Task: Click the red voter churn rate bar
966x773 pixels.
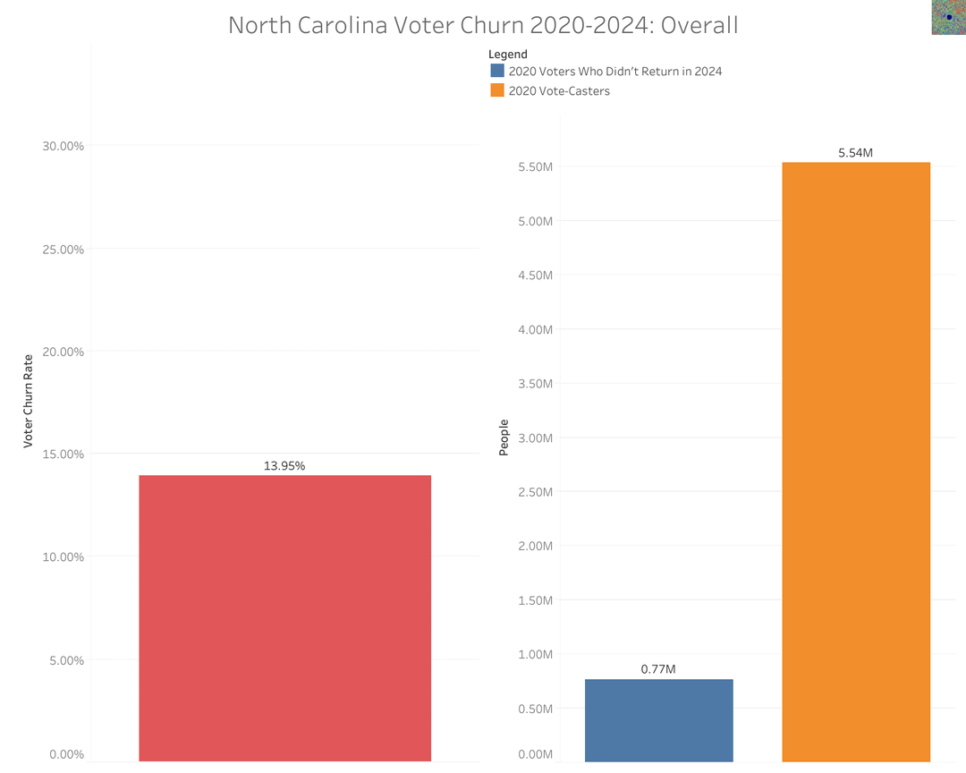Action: [284, 617]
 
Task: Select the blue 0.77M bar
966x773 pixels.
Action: [658, 720]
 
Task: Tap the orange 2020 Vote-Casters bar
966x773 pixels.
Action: [856, 461]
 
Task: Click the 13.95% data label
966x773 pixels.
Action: [284, 466]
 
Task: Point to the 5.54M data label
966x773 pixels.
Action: [855, 153]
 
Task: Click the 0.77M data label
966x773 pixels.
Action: [658, 669]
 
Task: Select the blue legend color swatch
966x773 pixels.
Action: [497, 71]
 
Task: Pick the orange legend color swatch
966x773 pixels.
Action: [497, 90]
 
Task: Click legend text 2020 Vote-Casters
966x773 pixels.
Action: [559, 90]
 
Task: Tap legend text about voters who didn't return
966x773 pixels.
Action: [614, 71]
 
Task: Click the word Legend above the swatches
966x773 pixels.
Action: [507, 55]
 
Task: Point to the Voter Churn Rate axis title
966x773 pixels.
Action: [28, 401]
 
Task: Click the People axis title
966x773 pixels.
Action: [504, 437]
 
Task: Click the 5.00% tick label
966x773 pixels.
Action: [65, 660]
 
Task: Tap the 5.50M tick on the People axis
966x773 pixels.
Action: [536, 167]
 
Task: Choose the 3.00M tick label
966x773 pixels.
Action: [536, 437]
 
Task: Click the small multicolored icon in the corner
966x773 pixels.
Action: [947, 17]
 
